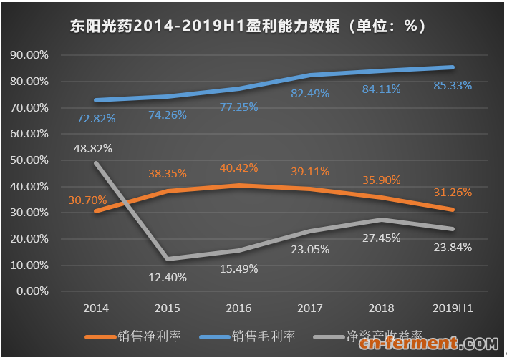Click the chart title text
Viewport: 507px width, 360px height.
(248, 26)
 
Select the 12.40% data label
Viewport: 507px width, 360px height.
(167, 277)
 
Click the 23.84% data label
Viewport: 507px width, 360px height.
(453, 248)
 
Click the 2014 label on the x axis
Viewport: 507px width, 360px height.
(96, 308)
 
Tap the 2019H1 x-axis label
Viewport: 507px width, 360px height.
(453, 308)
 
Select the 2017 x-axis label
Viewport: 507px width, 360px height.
(309, 308)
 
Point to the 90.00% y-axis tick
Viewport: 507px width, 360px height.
(29, 55)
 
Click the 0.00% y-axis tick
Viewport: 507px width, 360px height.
(32, 291)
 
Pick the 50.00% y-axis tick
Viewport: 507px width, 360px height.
(29, 160)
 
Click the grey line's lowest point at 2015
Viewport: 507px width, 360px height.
(167, 258)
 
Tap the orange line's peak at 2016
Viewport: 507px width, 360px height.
(238, 185)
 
